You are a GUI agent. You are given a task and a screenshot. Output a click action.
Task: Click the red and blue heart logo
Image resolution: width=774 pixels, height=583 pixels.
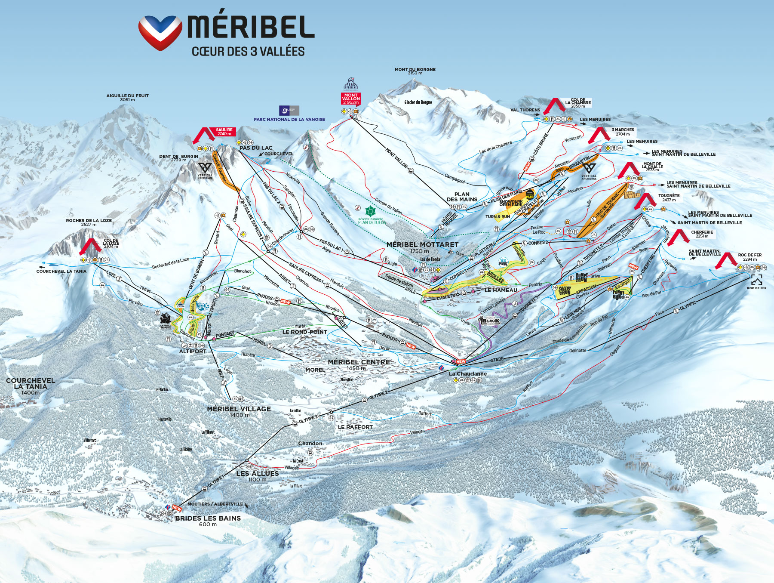(160, 33)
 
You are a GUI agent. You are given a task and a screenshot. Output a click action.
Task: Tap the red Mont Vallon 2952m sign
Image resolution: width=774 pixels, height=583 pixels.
(351, 99)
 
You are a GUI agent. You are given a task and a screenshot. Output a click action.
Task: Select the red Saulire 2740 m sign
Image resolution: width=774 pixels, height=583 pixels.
(224, 132)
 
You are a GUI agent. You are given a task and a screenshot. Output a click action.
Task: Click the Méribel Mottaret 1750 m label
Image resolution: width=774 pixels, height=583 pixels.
(422, 247)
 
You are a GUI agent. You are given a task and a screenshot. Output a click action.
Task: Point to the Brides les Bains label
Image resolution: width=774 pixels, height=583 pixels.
(208, 518)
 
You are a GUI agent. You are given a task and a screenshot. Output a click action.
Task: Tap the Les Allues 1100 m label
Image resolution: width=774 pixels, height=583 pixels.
(257, 475)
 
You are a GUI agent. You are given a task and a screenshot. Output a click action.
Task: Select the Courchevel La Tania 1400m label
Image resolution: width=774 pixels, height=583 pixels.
(30, 386)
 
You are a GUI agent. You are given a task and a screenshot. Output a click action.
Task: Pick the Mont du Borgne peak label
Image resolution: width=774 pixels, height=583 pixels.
(415, 71)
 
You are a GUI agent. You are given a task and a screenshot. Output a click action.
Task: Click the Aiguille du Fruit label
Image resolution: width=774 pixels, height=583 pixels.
(127, 97)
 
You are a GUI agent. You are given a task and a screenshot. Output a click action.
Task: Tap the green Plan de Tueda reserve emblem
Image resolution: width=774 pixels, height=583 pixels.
(370, 211)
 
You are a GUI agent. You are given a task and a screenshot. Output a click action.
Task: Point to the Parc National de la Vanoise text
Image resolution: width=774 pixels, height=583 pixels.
(289, 120)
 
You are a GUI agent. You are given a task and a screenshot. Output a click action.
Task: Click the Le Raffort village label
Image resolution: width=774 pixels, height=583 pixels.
(355, 427)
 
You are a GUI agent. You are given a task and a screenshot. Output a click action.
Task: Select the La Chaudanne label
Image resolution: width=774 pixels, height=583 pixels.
(468, 373)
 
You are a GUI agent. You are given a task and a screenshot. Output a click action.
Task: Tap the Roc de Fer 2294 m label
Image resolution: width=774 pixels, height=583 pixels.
(749, 257)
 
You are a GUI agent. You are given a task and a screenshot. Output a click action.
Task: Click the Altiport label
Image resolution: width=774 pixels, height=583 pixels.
(193, 351)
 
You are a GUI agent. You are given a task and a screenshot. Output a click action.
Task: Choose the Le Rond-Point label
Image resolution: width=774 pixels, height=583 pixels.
(304, 332)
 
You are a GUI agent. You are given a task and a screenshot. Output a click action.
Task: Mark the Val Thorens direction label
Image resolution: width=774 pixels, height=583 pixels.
(525, 110)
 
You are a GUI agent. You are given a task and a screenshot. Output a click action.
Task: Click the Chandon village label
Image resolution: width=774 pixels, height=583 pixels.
(310, 443)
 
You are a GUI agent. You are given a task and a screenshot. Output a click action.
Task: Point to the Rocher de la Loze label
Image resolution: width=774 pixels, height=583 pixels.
(89, 222)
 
